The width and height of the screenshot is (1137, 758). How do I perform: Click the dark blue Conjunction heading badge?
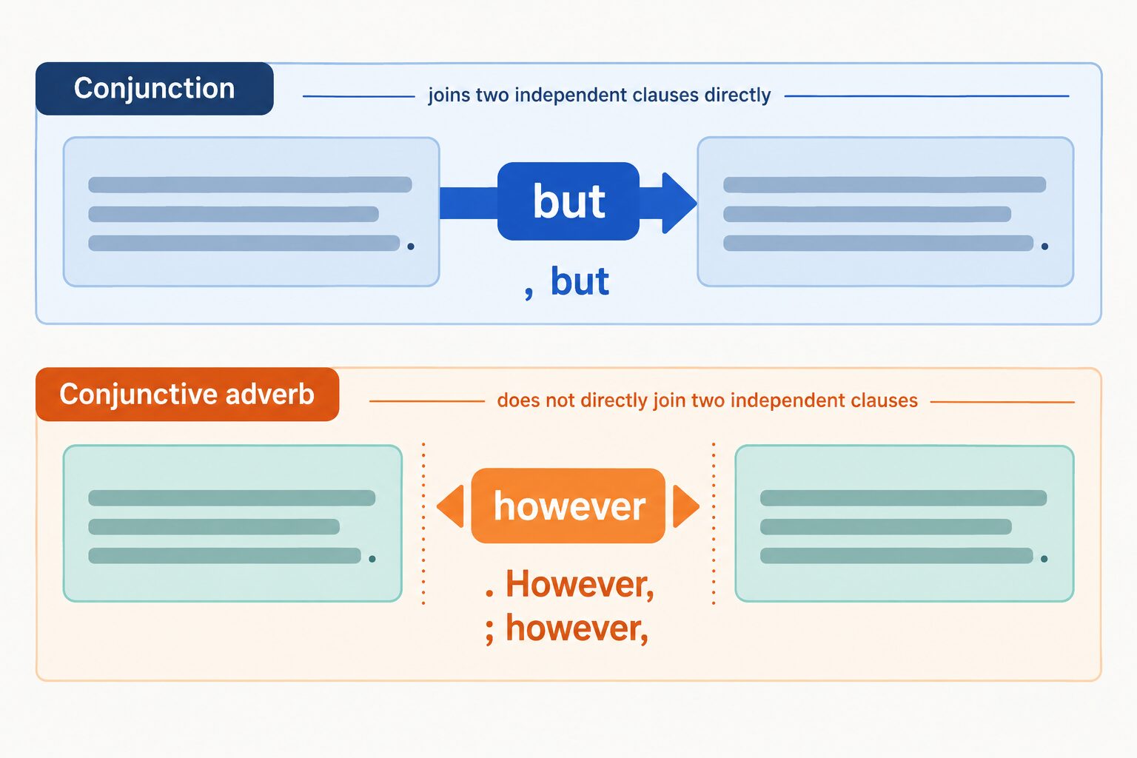tap(154, 89)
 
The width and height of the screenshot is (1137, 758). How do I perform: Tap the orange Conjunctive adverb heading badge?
tap(187, 395)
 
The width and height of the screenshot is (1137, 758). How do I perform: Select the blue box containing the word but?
tap(568, 201)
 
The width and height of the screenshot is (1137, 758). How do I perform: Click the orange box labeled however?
tap(568, 506)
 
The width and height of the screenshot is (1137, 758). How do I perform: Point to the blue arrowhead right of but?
tap(678, 203)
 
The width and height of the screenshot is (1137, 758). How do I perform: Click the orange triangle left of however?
tap(451, 506)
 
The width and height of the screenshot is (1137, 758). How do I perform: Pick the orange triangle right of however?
tap(685, 506)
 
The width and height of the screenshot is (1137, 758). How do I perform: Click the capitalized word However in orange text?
tap(580, 584)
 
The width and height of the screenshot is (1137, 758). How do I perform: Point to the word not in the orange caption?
tap(561, 400)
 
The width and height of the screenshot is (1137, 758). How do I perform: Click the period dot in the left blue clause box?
tap(411, 246)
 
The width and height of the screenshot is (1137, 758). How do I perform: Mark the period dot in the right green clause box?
tap(1044, 559)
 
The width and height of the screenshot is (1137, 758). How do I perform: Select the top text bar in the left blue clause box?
tap(249, 184)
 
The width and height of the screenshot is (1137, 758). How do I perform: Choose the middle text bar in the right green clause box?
tap(886, 527)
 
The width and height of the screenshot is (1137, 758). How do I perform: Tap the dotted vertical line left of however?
tap(423, 524)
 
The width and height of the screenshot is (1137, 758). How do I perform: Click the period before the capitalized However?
tap(489, 592)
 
